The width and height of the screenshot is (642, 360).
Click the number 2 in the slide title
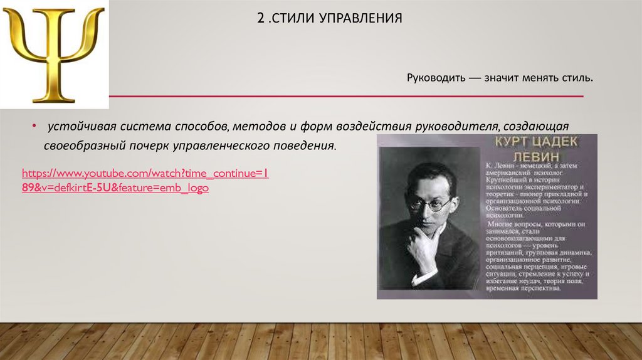260,18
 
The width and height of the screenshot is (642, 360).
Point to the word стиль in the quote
576,80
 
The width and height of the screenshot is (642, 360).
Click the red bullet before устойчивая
34,127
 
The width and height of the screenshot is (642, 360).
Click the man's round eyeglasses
431,204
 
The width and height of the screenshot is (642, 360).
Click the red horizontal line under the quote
345,97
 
